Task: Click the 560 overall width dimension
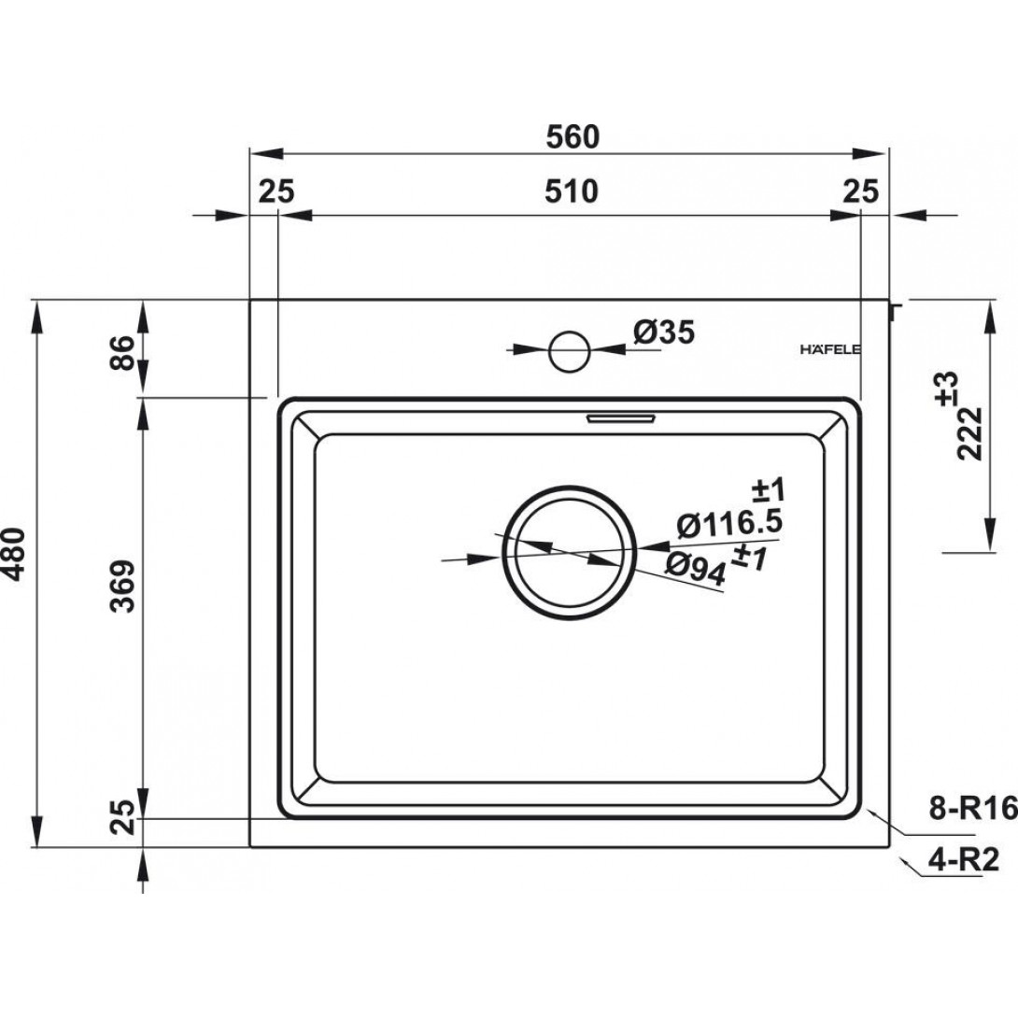[x=572, y=137]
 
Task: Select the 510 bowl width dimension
[x=571, y=191]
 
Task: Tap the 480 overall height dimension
[x=14, y=554]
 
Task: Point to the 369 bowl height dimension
[x=122, y=587]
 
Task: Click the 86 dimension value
[x=122, y=352]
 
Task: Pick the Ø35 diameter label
[x=664, y=332]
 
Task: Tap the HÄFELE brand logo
[x=830, y=350]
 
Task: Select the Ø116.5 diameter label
[x=728, y=524]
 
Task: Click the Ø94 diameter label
[x=696, y=570]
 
